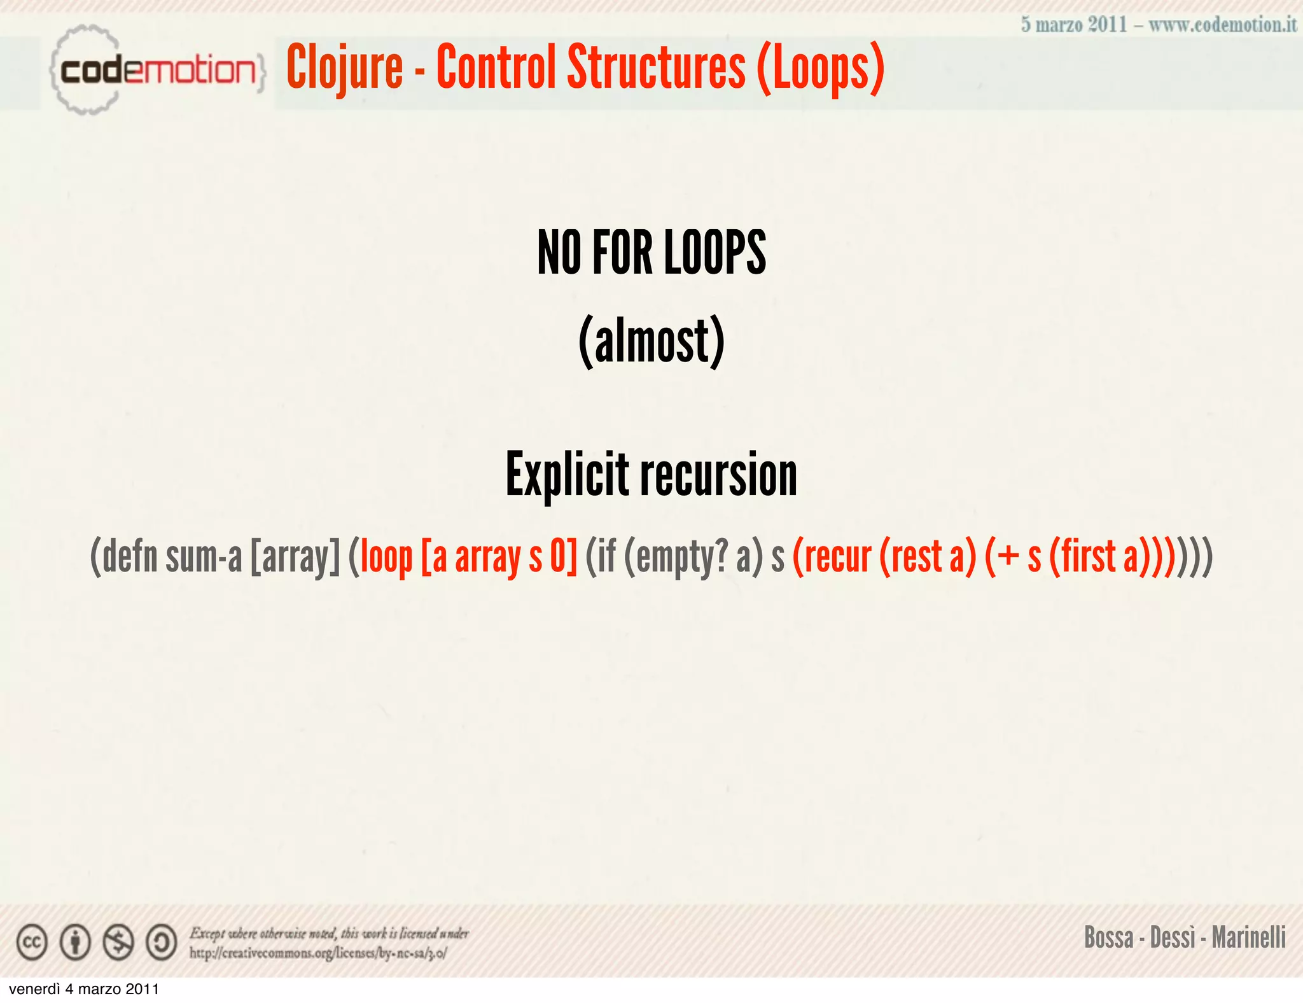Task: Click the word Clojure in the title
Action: tap(344, 67)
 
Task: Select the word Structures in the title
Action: tap(656, 67)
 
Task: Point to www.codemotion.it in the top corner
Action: tap(1222, 25)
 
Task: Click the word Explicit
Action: tap(567, 475)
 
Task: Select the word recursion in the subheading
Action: tap(718, 475)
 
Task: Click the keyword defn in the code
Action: tap(130, 556)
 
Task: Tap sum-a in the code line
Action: tap(204, 556)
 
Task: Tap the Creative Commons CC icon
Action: tap(32, 943)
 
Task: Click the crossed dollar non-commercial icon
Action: tap(118, 943)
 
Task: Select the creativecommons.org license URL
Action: tap(318, 953)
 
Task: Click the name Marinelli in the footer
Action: tap(1248, 937)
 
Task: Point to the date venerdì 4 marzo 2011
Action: tap(84, 990)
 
